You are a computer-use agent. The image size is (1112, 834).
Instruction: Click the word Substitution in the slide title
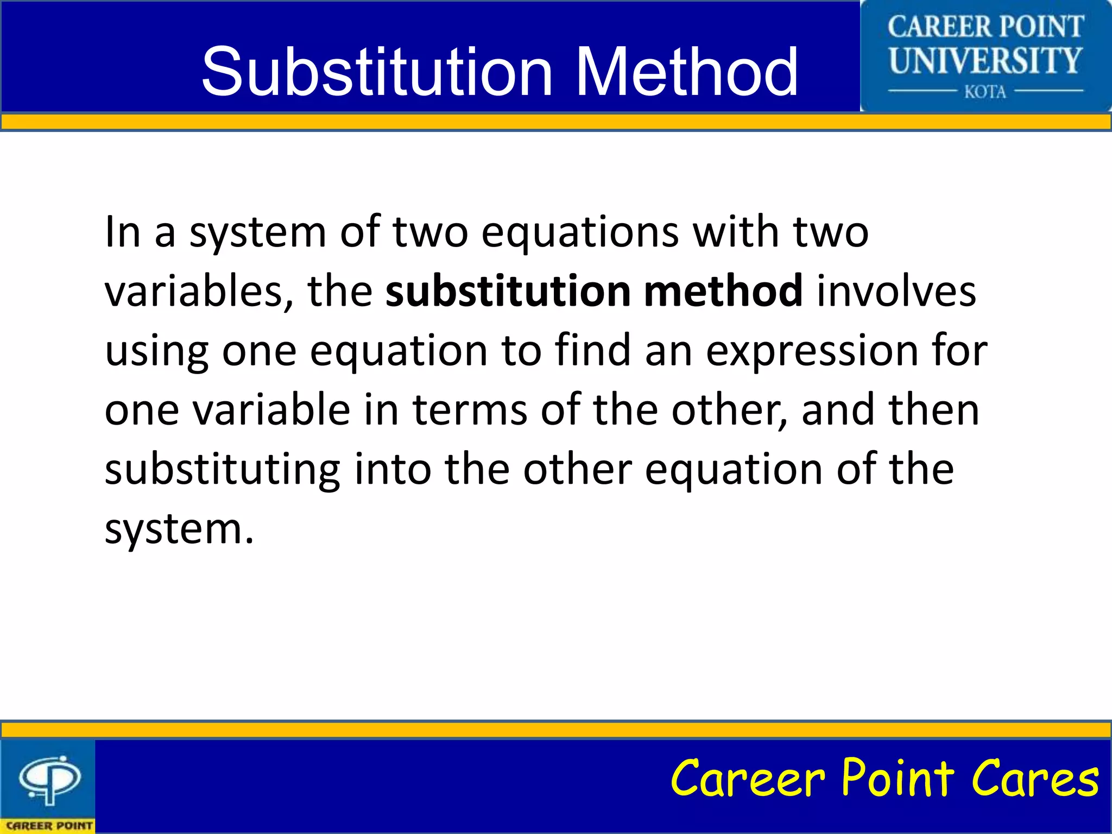[x=377, y=72]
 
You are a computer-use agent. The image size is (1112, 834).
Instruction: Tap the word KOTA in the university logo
[x=985, y=92]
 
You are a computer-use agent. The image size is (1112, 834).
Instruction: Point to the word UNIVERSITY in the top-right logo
[x=985, y=60]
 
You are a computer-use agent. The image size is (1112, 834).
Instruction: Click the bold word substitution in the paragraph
[x=507, y=291]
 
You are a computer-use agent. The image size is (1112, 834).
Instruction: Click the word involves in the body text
[x=896, y=291]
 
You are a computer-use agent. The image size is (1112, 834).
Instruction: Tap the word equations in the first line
[x=580, y=232]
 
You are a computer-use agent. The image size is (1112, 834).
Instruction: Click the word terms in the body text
[x=470, y=409]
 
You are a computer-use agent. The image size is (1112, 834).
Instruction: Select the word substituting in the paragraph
[x=223, y=470]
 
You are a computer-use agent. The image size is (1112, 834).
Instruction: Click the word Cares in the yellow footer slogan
[x=1035, y=779]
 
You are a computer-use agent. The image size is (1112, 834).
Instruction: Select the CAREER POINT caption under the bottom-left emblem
[x=49, y=825]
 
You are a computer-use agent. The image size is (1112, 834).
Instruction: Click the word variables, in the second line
[x=199, y=291]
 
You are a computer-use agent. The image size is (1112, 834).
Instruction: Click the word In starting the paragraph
[x=123, y=232]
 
